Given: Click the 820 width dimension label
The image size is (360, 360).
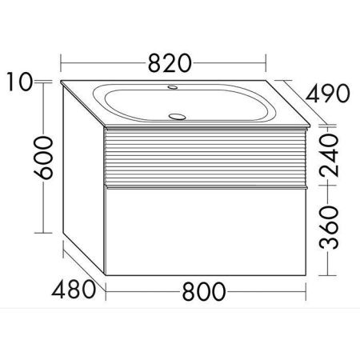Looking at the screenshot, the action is [x=170, y=63].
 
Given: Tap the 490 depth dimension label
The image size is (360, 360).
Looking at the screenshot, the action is [x=327, y=93].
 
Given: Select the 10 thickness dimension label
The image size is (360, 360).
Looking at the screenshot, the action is [x=20, y=82].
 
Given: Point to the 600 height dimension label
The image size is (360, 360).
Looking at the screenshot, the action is [x=43, y=158].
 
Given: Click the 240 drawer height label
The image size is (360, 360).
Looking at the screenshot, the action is [x=329, y=155].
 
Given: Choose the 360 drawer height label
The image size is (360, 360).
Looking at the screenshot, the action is [x=329, y=227].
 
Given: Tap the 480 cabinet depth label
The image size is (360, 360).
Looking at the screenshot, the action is [x=74, y=290].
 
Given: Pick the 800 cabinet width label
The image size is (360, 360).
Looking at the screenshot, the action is [x=204, y=291].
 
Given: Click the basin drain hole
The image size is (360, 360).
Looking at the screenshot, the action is [x=177, y=117].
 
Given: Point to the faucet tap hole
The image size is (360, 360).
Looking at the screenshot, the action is [x=173, y=87].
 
